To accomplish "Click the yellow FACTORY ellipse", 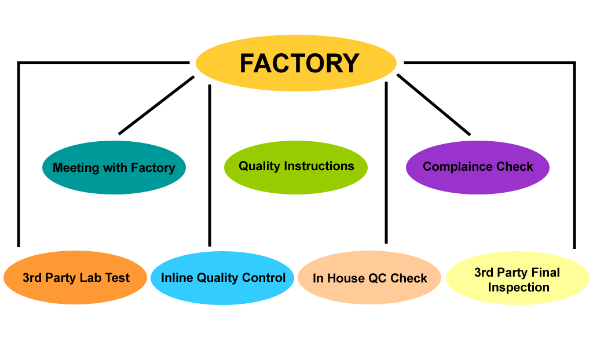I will pyautogui.click(x=296, y=63).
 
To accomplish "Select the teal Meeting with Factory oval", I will pyautogui.click(x=114, y=168).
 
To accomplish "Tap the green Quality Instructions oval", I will pyautogui.click(x=296, y=167).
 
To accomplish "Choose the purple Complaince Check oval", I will pyautogui.click(x=478, y=167).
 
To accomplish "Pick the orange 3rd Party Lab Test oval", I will pyautogui.click(x=76, y=278).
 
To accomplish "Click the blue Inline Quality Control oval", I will pyautogui.click(x=223, y=278).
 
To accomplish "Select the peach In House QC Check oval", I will pyautogui.click(x=369, y=278).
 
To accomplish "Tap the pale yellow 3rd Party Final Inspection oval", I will pyautogui.click(x=517, y=280).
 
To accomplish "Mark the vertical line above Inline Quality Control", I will pyautogui.click(x=209, y=165).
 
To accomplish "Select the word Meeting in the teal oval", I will pyautogui.click(x=76, y=168).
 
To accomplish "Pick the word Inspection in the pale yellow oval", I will pyautogui.click(x=518, y=287).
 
